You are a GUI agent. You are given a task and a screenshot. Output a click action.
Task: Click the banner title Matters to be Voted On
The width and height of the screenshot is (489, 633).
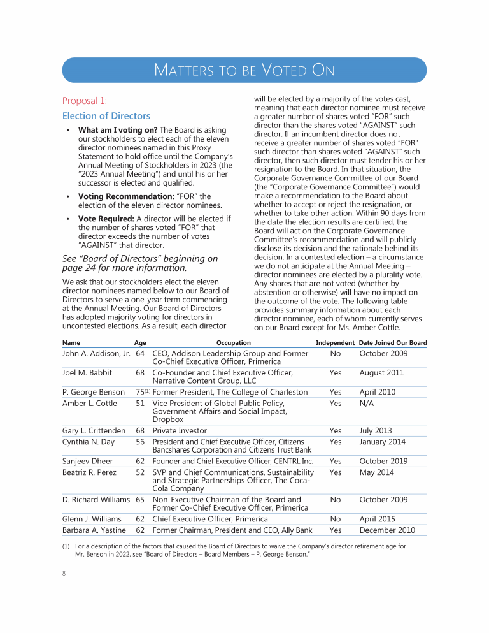click(x=244, y=70)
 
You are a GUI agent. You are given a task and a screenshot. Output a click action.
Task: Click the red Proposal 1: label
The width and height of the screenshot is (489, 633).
click(x=85, y=101)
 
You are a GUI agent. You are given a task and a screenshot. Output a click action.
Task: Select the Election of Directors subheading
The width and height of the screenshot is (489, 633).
click(x=106, y=116)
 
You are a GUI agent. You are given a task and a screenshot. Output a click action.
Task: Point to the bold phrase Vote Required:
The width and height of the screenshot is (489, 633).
click(x=106, y=219)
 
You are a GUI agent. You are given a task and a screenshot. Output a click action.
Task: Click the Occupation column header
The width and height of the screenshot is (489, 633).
click(x=233, y=343)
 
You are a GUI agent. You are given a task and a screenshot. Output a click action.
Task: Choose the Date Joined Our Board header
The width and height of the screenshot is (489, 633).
click(x=393, y=343)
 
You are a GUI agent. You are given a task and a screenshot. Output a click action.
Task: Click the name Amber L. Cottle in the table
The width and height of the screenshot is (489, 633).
click(x=90, y=404)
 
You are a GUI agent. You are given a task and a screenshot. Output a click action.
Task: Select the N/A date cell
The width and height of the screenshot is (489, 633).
click(x=367, y=404)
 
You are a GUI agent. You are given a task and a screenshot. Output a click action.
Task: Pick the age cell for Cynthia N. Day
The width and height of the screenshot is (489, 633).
click(x=141, y=442)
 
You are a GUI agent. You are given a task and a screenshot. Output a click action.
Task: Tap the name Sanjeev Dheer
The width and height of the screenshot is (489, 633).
click(x=87, y=461)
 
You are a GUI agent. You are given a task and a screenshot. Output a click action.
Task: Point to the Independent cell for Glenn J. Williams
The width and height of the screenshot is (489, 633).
click(x=336, y=519)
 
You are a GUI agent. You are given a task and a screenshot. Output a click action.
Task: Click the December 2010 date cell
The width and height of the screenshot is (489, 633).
click(x=387, y=530)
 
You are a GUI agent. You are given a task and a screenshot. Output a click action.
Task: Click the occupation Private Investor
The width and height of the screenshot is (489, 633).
click(x=180, y=431)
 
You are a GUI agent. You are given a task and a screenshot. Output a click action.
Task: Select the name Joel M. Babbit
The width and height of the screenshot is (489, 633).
click(x=87, y=373)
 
